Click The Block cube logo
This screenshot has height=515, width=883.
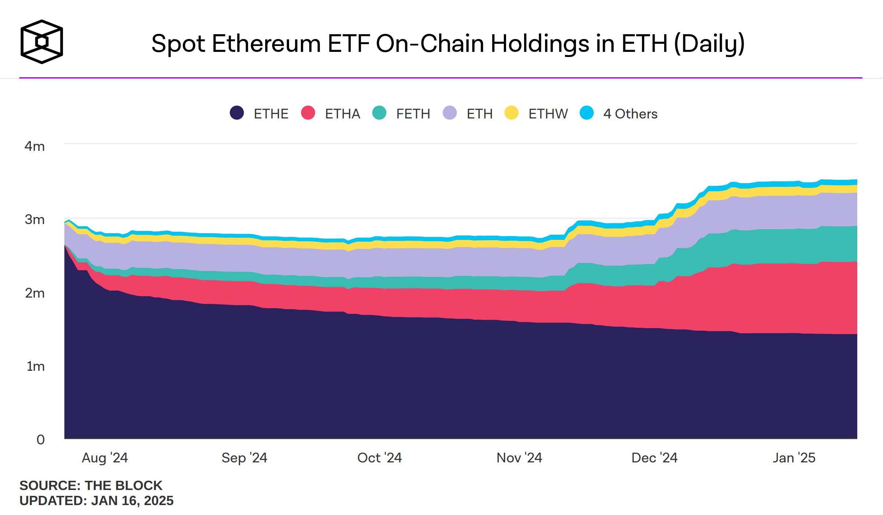click(x=42, y=42)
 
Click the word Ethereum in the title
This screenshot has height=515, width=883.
click(x=266, y=44)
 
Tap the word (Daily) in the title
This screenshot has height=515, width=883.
click(x=709, y=44)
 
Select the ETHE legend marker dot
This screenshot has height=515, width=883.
click(x=237, y=113)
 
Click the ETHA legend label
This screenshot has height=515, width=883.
click(x=342, y=114)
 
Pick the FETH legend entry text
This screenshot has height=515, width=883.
click(x=413, y=114)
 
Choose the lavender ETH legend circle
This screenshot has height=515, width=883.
click(x=449, y=113)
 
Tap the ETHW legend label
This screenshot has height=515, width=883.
click(x=548, y=114)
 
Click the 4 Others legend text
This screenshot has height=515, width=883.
click(x=630, y=114)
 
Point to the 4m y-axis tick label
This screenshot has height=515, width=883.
click(x=35, y=146)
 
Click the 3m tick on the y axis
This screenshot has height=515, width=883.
click(x=35, y=220)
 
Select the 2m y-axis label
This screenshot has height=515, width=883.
click(x=35, y=293)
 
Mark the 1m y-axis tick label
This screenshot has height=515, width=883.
click(x=35, y=366)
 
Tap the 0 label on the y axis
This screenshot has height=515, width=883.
click(x=40, y=440)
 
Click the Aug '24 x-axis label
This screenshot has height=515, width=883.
click(x=105, y=458)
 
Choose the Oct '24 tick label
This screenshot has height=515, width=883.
click(x=380, y=458)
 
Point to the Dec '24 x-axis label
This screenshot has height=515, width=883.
click(x=654, y=458)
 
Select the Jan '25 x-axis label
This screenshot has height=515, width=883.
click(x=794, y=458)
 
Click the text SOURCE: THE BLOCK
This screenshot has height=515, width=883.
click(x=91, y=486)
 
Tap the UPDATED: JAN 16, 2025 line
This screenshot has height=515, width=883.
click(x=96, y=501)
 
